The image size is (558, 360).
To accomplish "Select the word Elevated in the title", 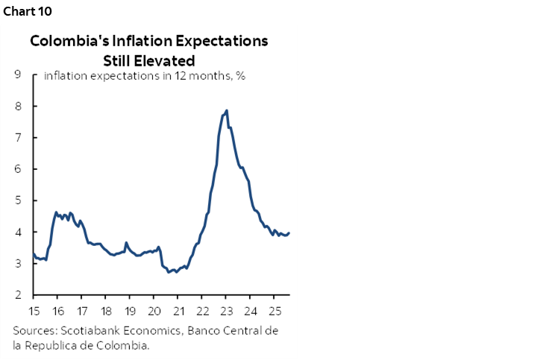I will [x=164, y=60].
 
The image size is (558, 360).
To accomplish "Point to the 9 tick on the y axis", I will [x=16, y=75].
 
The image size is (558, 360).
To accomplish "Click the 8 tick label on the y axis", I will [x=16, y=107].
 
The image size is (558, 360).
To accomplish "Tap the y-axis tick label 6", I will [x=16, y=169].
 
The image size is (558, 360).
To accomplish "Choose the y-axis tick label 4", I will [x=16, y=233].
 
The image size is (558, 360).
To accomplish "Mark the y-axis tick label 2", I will [x=16, y=295].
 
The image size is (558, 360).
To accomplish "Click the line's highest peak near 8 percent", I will [x=226, y=110].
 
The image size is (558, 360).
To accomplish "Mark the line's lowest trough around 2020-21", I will [x=169, y=272].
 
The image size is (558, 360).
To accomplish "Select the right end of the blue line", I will [x=289, y=233].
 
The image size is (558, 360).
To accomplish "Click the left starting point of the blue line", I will [x=34, y=254].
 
